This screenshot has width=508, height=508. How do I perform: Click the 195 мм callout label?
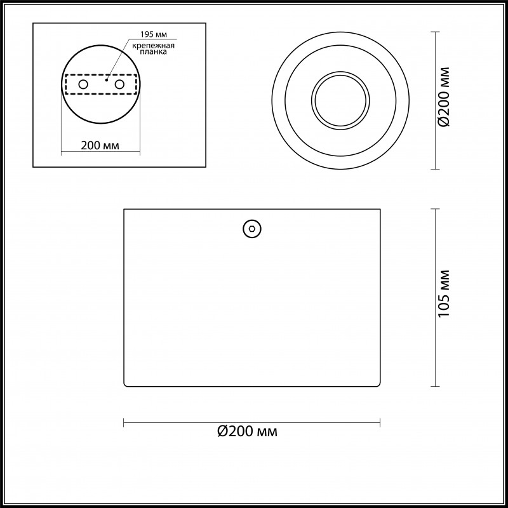pos(150,34)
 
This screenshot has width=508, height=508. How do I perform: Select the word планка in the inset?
pos(150,54)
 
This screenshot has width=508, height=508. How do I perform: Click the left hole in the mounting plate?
pos(83,84)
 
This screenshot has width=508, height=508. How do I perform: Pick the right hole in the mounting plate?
pos(119,84)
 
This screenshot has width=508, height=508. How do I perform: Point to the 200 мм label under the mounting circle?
pos(101,145)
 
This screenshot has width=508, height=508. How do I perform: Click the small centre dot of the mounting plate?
pos(107,80)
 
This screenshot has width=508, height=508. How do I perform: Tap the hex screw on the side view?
pos(252,229)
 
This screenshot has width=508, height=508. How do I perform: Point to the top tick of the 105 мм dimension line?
pos(435,209)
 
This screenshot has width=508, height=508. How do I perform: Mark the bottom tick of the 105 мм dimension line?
pos(435,386)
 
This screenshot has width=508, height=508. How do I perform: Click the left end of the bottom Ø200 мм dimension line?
pos(123,422)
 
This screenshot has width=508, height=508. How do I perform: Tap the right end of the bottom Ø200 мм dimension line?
pos(380,422)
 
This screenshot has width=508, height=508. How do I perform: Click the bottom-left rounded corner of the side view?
pos(125,384)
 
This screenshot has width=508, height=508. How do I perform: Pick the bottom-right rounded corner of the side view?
pos(378,384)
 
